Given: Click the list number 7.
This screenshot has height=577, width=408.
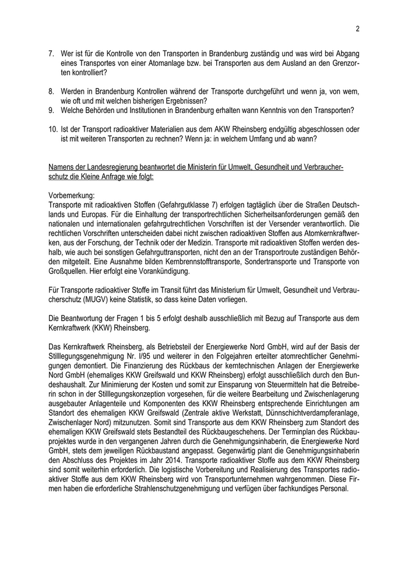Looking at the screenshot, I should (51, 53).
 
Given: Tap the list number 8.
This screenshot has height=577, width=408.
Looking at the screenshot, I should (51, 92).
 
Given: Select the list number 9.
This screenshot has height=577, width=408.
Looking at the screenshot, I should (51, 111).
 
